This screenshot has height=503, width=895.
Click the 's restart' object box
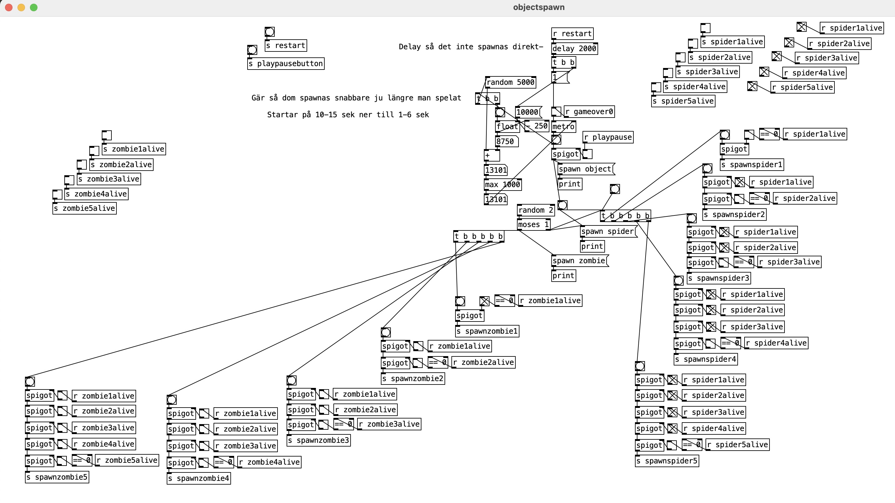click(286, 46)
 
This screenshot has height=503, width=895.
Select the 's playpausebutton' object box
click(286, 64)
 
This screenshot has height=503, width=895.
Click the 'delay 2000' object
click(574, 49)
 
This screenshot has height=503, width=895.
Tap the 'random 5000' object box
click(510, 82)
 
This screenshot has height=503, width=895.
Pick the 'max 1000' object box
click(503, 185)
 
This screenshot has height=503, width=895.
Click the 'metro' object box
click(563, 127)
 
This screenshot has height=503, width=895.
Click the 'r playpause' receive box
click(608, 137)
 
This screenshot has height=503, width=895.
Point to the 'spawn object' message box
click(585, 169)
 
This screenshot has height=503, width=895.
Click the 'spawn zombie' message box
click(579, 261)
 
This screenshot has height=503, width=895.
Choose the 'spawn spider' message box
click(608, 231)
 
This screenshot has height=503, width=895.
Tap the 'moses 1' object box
click(533, 225)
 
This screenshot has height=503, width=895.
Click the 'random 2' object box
click(535, 210)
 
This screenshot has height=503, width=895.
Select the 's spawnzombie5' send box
click(57, 477)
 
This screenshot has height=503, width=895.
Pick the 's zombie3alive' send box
click(109, 179)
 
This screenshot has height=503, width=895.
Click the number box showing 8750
click(505, 141)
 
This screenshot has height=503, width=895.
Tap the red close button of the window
click(9, 7)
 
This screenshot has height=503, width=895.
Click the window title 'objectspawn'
click(538, 7)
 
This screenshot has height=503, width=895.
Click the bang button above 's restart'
click(270, 31)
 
